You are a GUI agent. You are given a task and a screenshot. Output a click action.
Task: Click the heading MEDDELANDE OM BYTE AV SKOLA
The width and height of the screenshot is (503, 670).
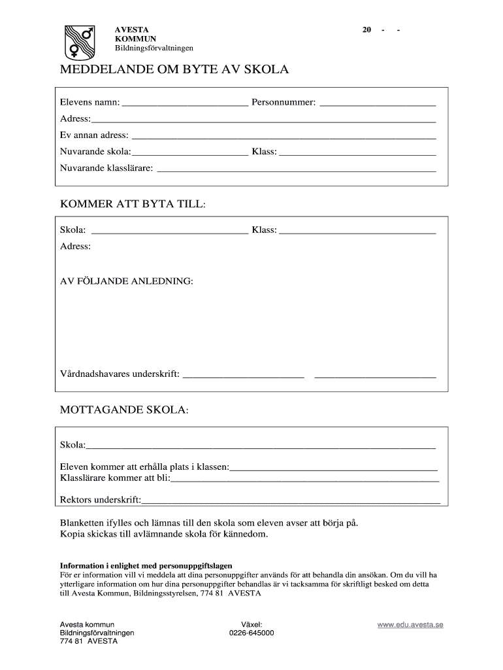coord(174,70)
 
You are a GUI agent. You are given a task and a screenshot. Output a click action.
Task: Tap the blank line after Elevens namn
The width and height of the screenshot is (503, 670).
coord(185,103)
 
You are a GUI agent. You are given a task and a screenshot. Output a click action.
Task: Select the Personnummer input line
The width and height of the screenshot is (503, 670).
coord(378,103)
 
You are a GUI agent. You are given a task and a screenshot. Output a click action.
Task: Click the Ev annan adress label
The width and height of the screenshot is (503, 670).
coord(94,135)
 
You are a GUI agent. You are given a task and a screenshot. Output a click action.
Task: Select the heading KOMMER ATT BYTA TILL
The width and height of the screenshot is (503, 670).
coord(133,204)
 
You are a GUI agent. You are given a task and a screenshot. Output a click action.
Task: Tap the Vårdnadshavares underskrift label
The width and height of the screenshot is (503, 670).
coord(120,375)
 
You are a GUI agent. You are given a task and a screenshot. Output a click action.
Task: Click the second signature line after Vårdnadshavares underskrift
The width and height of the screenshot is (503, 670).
coord(375,376)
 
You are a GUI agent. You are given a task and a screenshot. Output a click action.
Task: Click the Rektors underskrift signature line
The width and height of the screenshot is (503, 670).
coord(291,502)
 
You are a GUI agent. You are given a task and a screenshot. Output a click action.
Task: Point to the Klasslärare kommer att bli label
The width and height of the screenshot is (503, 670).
coord(114,478)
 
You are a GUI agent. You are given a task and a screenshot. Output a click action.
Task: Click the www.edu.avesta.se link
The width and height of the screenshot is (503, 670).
coord(410,625)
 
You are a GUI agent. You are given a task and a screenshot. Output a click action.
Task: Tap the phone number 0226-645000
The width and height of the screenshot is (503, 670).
coord(252,633)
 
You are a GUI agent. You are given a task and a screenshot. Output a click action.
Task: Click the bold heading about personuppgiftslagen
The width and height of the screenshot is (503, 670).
coord(146,565)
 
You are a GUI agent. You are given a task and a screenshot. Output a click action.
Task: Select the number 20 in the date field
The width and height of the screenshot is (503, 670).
coord(367,30)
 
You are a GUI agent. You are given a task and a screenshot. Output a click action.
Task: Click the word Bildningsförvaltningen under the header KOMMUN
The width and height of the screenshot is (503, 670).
coord(154,48)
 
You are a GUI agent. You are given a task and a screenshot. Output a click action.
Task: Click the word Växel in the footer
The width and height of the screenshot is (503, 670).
coord(252,625)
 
